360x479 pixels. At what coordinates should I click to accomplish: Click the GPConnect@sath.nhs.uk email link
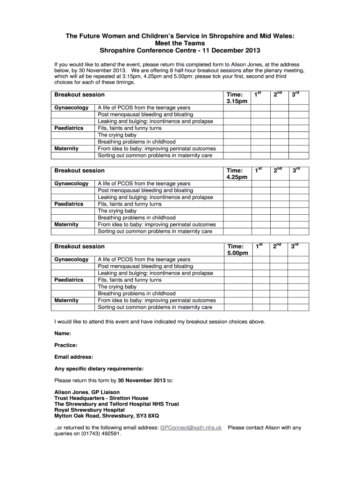click(191, 428)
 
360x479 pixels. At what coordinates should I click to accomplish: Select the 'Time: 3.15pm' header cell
click(237, 98)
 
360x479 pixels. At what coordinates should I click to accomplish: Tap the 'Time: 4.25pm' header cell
click(237, 174)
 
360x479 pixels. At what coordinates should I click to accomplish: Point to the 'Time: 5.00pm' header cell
click(237, 249)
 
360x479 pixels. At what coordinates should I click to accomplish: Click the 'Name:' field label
click(63, 334)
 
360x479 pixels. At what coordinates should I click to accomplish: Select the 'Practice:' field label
click(66, 345)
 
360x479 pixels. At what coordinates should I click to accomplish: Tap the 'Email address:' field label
click(73, 357)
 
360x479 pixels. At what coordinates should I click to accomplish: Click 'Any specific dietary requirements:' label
click(99, 369)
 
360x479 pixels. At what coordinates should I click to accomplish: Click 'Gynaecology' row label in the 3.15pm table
click(71, 108)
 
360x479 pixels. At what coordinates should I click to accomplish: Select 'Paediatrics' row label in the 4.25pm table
click(69, 204)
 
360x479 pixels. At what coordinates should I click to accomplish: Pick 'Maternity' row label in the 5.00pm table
click(66, 300)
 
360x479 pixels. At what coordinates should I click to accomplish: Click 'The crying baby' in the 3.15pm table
click(117, 135)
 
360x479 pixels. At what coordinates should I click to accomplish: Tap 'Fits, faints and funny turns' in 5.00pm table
click(130, 280)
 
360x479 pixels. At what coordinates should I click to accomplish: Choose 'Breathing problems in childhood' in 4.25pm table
click(137, 218)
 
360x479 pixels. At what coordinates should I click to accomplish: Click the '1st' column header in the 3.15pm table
click(258, 94)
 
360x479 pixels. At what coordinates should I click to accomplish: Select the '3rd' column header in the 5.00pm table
click(295, 246)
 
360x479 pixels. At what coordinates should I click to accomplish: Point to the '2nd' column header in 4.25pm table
click(277, 170)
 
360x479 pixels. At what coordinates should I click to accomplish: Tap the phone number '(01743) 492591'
click(101, 434)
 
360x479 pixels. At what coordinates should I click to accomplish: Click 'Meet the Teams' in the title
click(180, 43)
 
